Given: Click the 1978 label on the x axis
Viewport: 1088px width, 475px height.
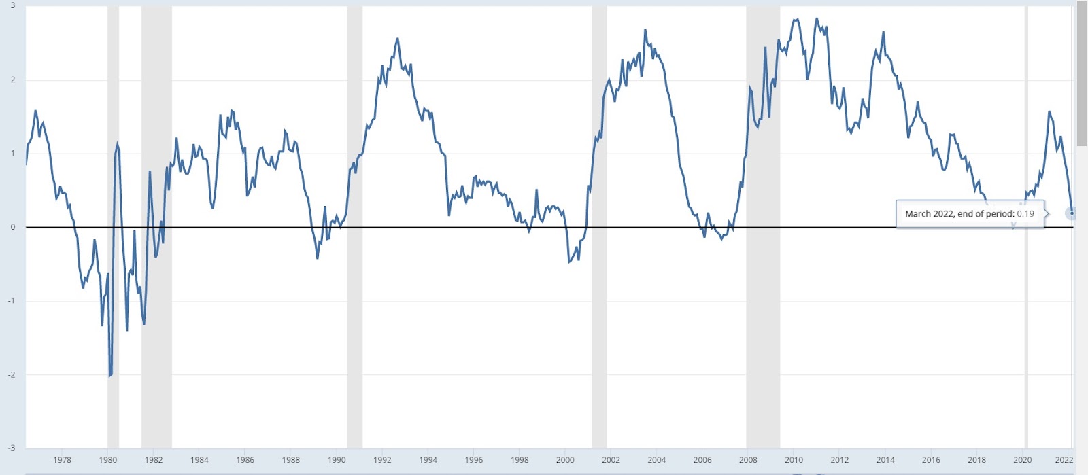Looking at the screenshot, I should (62, 460).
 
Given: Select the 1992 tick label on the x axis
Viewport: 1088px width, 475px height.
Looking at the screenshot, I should (382, 460).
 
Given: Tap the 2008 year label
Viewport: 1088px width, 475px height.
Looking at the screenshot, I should (748, 460).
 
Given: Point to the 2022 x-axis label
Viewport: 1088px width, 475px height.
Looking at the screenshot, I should (1064, 460).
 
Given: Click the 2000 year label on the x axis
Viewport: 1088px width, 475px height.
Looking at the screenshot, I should (565, 460).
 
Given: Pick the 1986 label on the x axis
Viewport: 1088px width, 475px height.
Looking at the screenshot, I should (245, 460).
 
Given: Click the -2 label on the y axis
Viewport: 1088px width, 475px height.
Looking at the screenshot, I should (12, 374).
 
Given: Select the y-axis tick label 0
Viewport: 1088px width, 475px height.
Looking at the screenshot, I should (13, 227).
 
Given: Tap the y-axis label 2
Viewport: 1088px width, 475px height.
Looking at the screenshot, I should (13, 80).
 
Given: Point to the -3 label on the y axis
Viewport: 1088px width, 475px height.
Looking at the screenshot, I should (12, 448).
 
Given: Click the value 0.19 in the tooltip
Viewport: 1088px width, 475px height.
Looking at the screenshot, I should (1025, 214).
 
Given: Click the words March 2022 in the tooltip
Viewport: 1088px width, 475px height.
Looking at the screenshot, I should (929, 214).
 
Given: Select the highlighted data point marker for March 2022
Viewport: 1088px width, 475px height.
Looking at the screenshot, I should (1072, 213).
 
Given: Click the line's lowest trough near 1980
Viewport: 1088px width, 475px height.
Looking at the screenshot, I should (109, 376).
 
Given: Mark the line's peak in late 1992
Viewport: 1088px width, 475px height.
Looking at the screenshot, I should (397, 39).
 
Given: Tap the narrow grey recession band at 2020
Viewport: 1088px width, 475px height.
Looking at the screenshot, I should (1026, 136).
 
